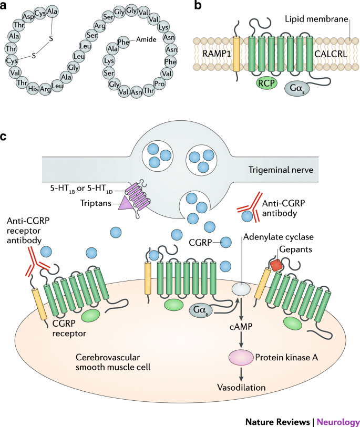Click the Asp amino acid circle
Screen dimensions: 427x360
[x=27, y=17]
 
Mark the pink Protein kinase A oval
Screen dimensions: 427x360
[x=242, y=358]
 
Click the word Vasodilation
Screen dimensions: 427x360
[x=242, y=387]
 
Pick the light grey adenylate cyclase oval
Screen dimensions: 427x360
[x=241, y=288]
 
